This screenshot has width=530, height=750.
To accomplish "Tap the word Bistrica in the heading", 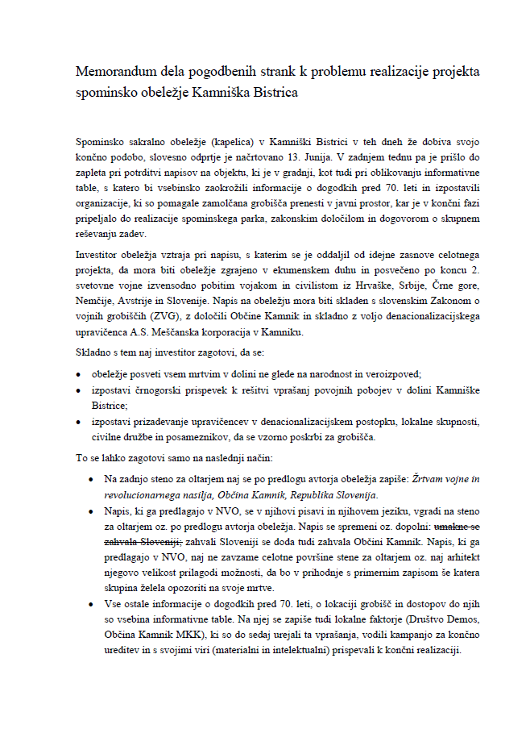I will pos(273,93).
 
